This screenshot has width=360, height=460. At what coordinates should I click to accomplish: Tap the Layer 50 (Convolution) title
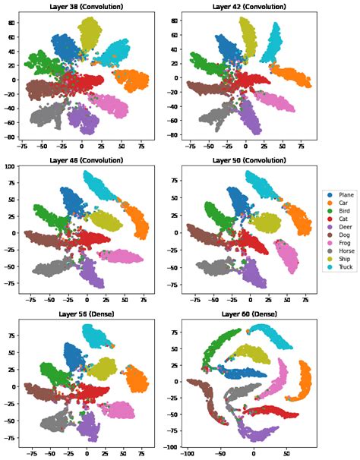tap(248, 160)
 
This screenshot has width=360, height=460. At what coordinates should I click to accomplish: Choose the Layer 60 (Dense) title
tap(248, 313)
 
